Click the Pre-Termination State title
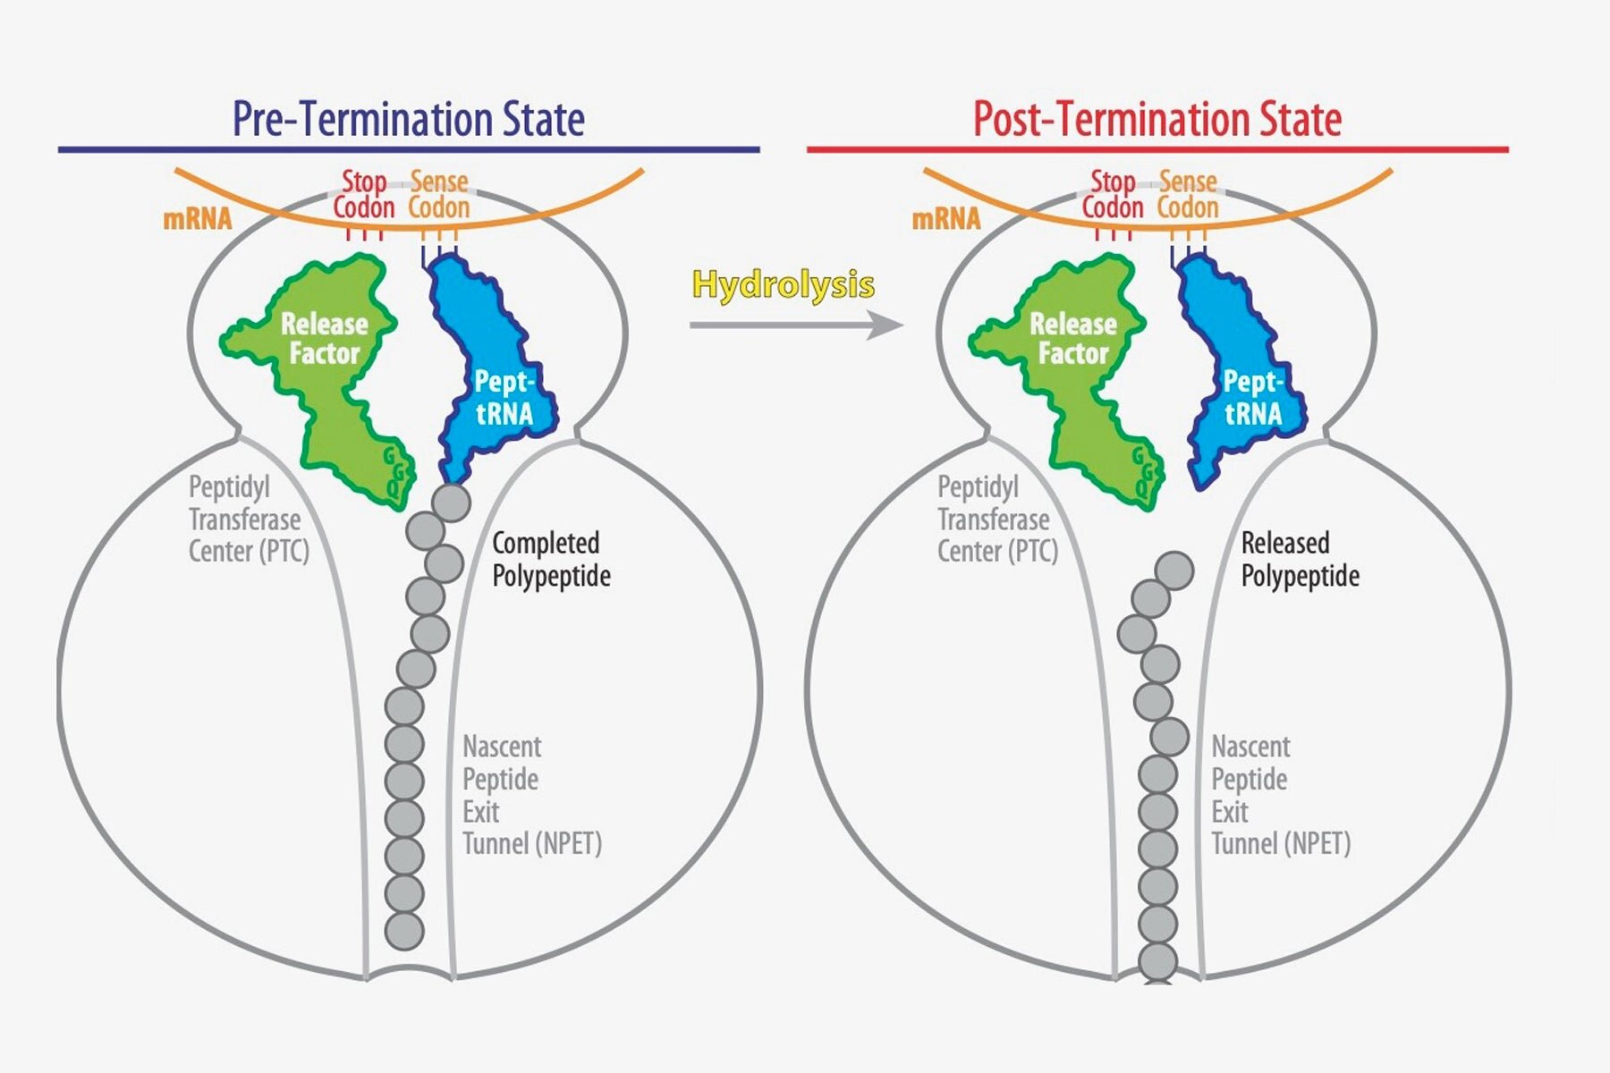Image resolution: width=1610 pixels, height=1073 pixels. pos(409,119)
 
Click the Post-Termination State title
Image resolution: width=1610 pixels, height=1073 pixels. pos(1157,119)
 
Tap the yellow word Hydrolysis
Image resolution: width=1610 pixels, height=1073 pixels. pos(784,285)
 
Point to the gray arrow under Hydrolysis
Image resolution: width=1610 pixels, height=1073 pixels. pos(796,325)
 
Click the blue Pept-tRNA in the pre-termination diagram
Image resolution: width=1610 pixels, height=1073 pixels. pos(492,376)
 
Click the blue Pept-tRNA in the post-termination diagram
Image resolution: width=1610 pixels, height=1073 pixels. pos(1241,376)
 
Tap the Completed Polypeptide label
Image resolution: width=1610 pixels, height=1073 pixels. pos(551,559)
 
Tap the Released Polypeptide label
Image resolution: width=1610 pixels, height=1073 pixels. pos(1300,559)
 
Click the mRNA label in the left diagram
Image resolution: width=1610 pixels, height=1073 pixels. pos(197,219)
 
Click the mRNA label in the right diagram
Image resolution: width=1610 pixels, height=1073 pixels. pos(945,219)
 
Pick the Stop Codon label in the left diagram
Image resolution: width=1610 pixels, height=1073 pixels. pos(364,195)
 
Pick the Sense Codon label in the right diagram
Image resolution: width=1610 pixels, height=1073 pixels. pos(1188,195)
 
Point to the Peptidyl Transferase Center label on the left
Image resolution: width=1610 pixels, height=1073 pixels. pos(249,520)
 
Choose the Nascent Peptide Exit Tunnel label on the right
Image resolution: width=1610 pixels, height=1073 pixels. pos(1281,795)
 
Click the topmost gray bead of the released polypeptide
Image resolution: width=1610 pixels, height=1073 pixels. pos(1174,570)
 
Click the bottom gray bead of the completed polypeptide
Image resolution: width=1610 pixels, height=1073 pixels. pos(404,931)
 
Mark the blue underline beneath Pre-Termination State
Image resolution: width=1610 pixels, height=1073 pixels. pos(409,149)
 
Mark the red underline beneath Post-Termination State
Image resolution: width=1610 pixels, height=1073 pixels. pos(1157,149)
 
